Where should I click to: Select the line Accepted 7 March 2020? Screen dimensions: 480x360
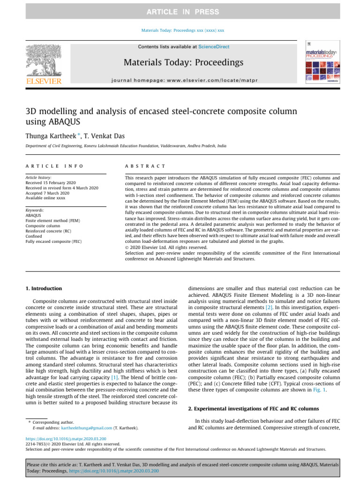click(49, 193)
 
